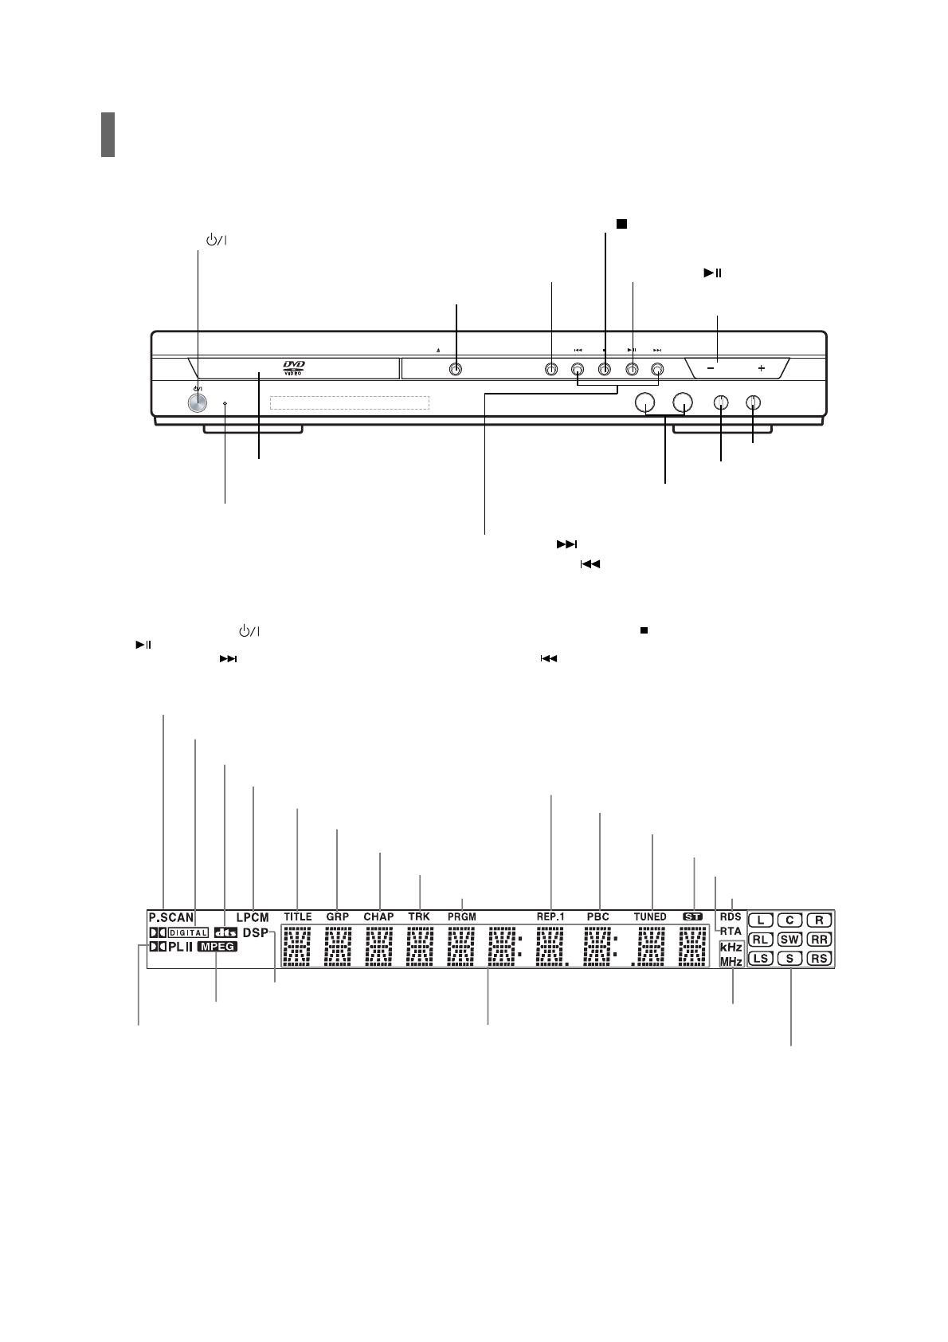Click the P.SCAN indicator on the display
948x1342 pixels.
tap(171, 918)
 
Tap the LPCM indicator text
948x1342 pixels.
tap(253, 917)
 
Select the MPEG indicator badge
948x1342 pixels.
tap(217, 947)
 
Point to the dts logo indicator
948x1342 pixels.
tap(225, 933)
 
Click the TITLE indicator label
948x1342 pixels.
tap(298, 916)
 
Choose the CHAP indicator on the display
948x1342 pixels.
tap(378, 916)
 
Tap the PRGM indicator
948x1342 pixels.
tap(462, 916)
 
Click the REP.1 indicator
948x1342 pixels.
tap(550, 916)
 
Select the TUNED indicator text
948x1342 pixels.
tap(650, 916)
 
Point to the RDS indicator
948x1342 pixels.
tap(731, 916)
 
